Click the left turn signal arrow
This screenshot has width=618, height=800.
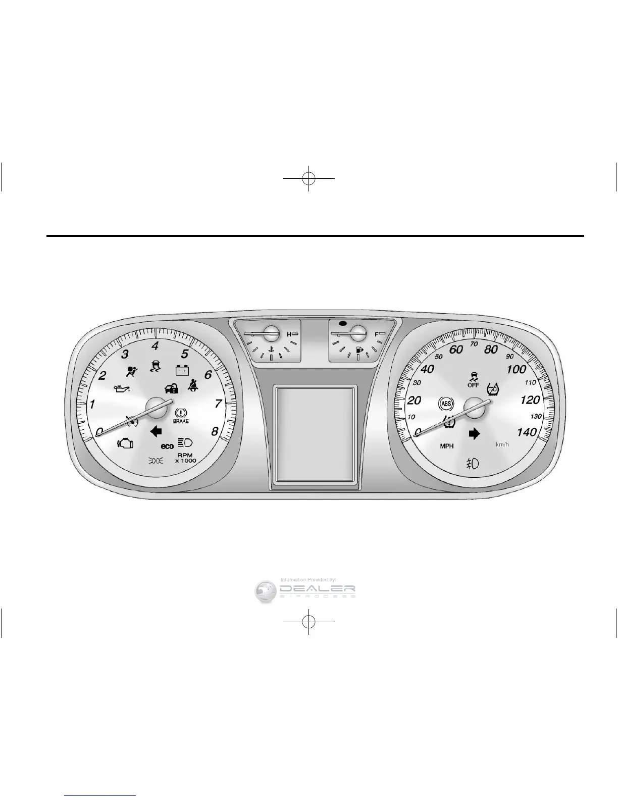click(156, 431)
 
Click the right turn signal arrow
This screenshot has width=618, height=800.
click(474, 433)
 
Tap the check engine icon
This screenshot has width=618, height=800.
click(125, 443)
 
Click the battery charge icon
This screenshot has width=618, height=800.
click(182, 370)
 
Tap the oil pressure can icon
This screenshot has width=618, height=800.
click(123, 388)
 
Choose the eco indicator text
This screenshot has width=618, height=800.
click(167, 446)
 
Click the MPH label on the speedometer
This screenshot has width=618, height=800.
click(447, 446)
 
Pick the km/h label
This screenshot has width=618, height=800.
click(503, 445)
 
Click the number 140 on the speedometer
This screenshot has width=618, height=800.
click(527, 432)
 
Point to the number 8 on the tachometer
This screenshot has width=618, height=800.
click(215, 431)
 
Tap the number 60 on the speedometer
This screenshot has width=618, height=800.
click(456, 350)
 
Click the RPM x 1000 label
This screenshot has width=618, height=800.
click(186, 458)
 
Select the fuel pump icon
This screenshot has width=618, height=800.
click(359, 349)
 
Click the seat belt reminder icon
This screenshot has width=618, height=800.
click(193, 386)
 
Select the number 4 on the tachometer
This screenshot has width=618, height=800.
click(156, 346)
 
